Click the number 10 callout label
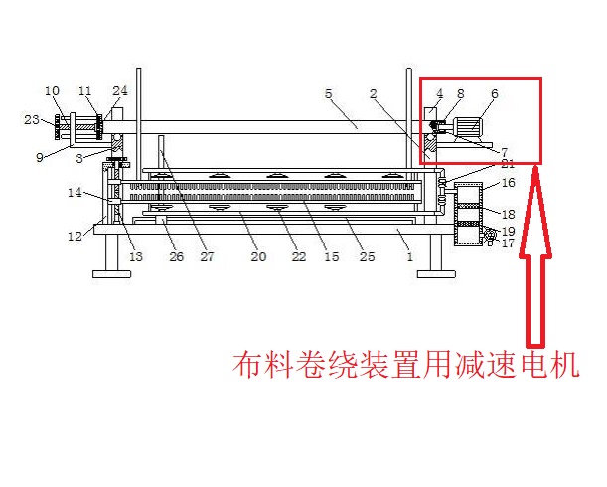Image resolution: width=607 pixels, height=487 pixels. pyautogui.click(x=53, y=91)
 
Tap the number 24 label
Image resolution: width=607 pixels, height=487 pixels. pyautogui.click(x=120, y=91)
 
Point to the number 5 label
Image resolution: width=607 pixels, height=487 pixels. pyautogui.click(x=328, y=94)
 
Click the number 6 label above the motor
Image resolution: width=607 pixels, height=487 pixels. pyautogui.click(x=494, y=94)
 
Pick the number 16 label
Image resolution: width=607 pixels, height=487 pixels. pyautogui.click(x=508, y=183)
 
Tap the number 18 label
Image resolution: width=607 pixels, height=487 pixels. pyautogui.click(x=508, y=214)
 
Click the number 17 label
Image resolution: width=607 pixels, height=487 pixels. pyautogui.click(x=508, y=243)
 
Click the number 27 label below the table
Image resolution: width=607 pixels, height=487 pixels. pyautogui.click(x=207, y=257)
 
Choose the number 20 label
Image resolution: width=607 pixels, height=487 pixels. pyautogui.click(x=258, y=257)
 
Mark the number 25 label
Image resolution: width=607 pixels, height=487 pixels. pyautogui.click(x=367, y=257)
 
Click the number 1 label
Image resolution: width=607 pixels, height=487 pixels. pyautogui.click(x=408, y=257)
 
